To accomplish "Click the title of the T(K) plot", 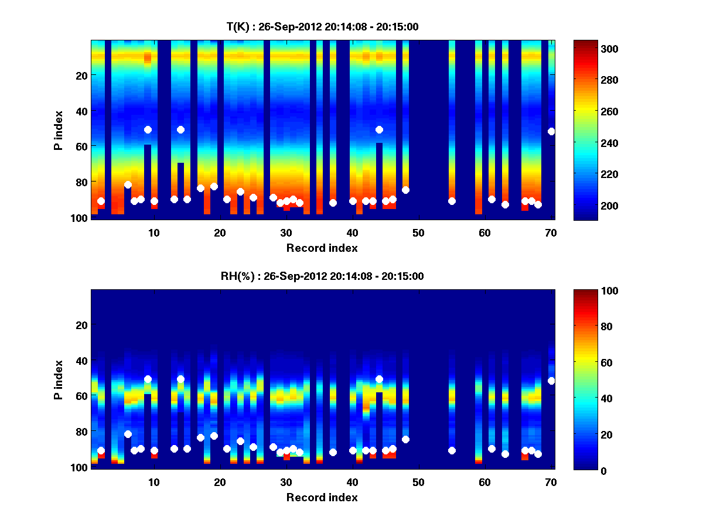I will tap(322, 26).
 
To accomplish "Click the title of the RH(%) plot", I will tap(322, 276).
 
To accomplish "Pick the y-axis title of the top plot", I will tap(58, 130).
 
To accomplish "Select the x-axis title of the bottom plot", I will tap(322, 497).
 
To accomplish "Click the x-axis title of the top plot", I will tap(322, 248).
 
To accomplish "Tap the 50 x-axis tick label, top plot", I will tap(418, 232).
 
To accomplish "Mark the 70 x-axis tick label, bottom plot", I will tap(551, 482).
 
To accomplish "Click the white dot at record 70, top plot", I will tap(551, 131).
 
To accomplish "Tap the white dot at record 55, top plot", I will tap(452, 201).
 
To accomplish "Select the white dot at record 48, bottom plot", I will tap(405, 439).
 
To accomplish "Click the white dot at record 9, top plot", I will tap(148, 129).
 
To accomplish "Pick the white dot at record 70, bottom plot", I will tap(551, 381).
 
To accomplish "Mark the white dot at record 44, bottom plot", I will tap(379, 379).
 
